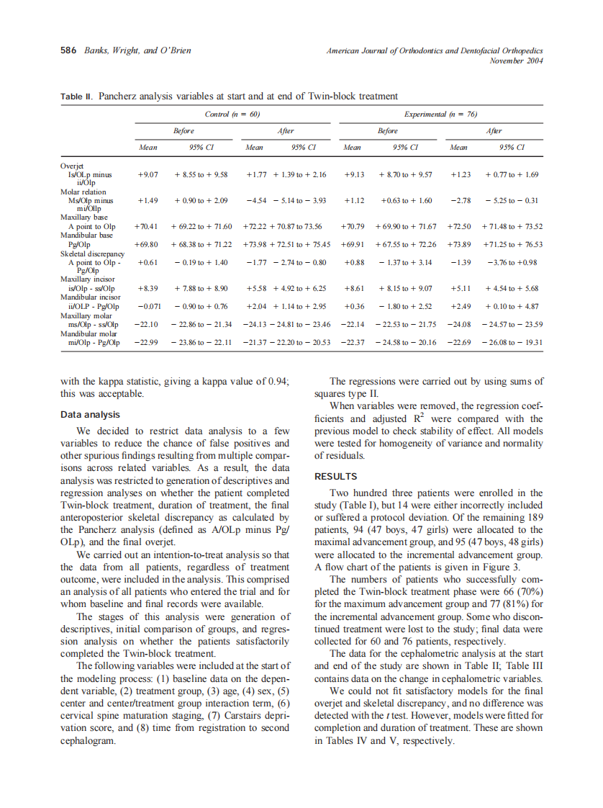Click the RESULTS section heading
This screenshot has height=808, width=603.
coord(335,476)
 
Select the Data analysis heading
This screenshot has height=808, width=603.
coord(90,415)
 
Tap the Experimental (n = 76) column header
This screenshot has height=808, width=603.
coord(441,115)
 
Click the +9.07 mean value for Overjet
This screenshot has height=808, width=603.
coord(148,174)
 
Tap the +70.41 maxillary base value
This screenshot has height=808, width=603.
coord(148,226)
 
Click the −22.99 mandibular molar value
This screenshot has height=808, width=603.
coord(147,342)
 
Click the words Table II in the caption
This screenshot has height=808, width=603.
coord(76,96)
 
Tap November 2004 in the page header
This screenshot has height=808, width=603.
coord(515,60)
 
